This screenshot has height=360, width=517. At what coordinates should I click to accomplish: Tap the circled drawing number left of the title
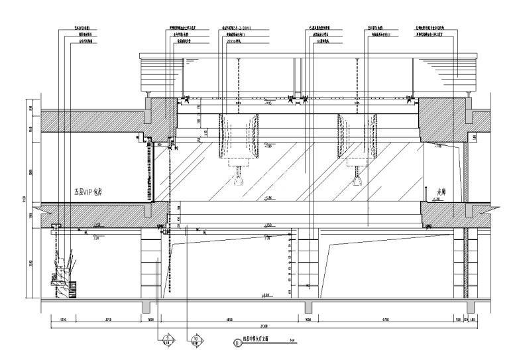(x=237, y=343)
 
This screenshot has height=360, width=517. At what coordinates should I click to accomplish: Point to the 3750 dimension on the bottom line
(x=109, y=320)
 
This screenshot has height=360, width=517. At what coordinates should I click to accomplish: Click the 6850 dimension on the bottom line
(x=229, y=320)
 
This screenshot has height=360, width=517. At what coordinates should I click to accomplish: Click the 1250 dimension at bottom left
(x=63, y=320)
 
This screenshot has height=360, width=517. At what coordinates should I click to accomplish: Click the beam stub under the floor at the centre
(x=308, y=307)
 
